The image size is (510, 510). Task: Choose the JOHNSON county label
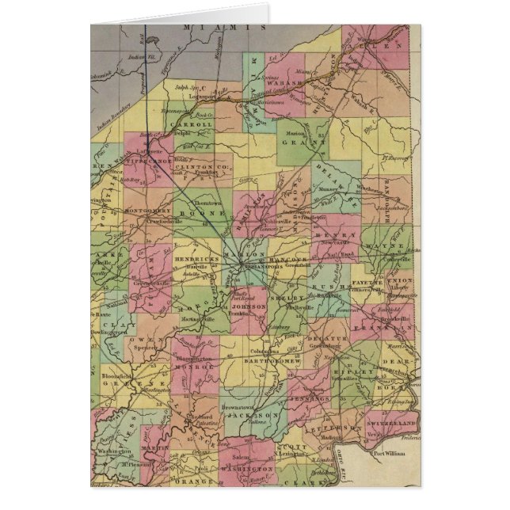pyautogui.click(x=249, y=304)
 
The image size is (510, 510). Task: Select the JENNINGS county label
pyautogui.click(x=310, y=399)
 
